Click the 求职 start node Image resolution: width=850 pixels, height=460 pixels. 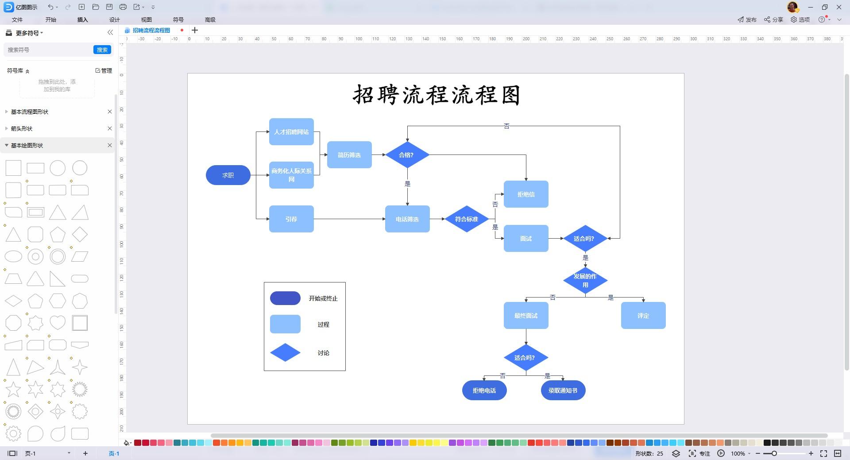tap(228, 175)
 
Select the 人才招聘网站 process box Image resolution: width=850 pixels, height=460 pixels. tap(291, 132)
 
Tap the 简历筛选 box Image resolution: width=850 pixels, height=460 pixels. tap(349, 155)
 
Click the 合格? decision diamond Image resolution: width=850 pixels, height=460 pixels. tap(407, 155)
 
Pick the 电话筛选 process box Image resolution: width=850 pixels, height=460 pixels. tap(407, 219)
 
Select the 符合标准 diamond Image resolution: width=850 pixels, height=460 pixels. tap(467, 219)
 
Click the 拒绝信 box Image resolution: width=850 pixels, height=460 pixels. tap(526, 194)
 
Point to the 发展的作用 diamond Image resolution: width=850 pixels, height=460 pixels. tap(585, 281)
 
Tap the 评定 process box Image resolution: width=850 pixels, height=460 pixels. tap(643, 316)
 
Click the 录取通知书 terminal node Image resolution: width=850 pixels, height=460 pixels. tap(563, 390)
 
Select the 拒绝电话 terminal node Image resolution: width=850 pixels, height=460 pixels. tap(484, 390)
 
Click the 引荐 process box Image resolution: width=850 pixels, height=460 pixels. tap(291, 219)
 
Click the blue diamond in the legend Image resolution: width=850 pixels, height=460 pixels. tap(285, 352)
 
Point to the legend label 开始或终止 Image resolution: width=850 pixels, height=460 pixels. tap(323, 298)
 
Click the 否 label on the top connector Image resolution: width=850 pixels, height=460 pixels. tap(506, 126)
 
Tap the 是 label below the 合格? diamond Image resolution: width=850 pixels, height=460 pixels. tap(407, 184)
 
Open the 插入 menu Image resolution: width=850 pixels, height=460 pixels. tap(83, 19)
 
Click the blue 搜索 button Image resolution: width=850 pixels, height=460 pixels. tap(102, 50)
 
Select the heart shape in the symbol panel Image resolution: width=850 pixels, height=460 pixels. tap(58, 323)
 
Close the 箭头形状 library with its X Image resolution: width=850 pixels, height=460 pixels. tap(110, 128)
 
